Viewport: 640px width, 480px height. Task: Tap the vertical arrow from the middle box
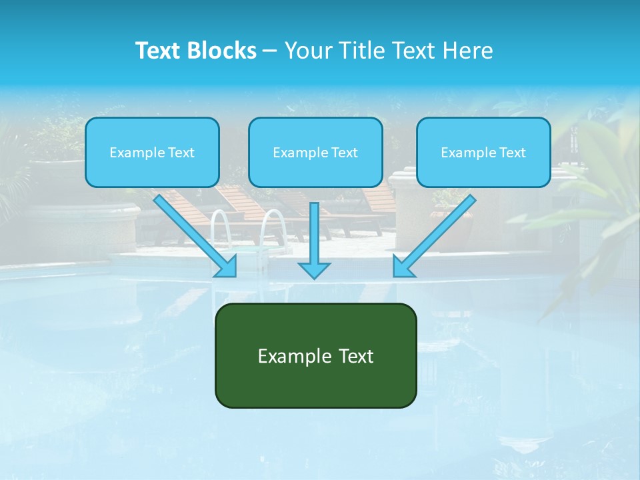click(x=314, y=233)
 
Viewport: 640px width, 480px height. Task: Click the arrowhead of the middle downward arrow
click(x=314, y=270)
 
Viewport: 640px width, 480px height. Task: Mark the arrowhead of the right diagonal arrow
click(x=403, y=267)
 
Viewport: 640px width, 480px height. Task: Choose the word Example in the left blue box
click(x=133, y=153)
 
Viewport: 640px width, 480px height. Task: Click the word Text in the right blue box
click(x=511, y=153)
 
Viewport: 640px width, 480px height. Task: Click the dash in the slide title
click(x=270, y=51)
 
